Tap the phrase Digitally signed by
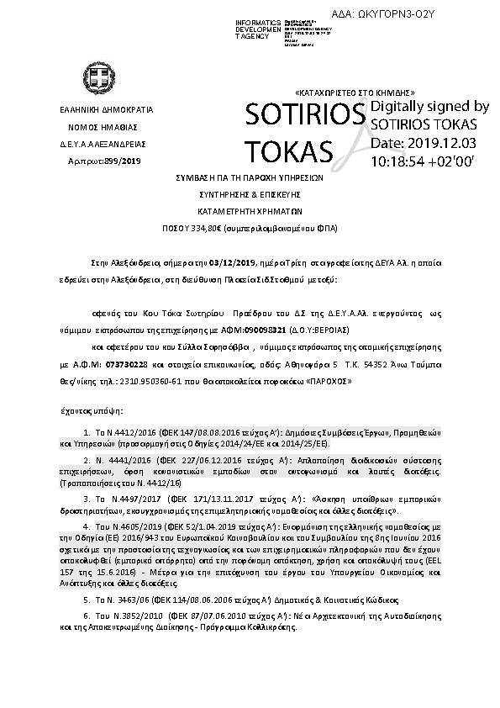429,107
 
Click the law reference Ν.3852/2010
134,615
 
